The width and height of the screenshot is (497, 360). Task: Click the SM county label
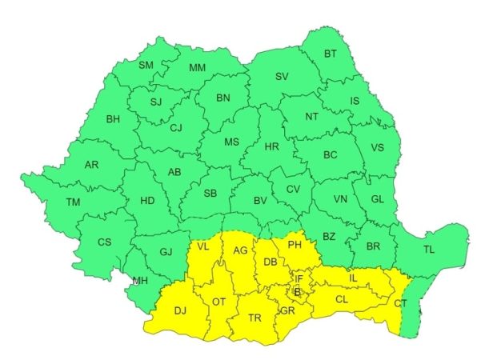146,65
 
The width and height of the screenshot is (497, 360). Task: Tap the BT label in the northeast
331,54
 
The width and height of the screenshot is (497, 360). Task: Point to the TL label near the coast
429,250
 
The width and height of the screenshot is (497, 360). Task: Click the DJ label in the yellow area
180,310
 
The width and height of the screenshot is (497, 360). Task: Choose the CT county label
400,302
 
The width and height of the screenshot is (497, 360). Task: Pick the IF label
299,279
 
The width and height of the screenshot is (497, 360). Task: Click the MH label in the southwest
141,281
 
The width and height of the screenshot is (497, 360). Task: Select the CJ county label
176,127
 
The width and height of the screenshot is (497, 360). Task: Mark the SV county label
281,77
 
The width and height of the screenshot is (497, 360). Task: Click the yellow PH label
294,244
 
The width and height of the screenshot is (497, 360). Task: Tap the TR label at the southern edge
255,318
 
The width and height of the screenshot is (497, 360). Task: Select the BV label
259,201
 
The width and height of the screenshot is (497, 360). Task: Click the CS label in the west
105,242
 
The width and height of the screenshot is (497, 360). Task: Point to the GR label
287,310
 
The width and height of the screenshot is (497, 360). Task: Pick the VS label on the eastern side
377,147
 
